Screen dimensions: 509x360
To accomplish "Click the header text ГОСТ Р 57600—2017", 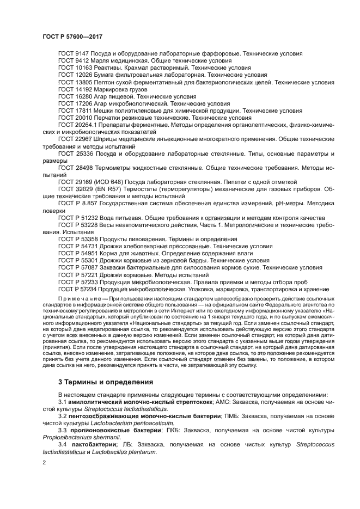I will pyautogui.click(x=72, y=35).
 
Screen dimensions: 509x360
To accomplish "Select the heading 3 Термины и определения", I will pyautogui.click(x=106, y=382).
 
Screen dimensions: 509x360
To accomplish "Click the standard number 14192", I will pyautogui.click(x=84, y=89).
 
